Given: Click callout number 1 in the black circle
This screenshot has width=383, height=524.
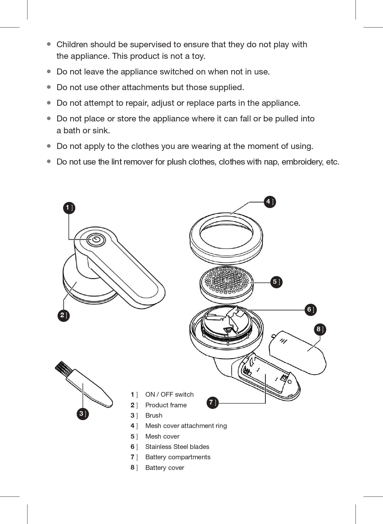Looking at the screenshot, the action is pyautogui.click(x=69, y=208).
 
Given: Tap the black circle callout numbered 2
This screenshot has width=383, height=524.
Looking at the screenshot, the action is pyautogui.click(x=63, y=315).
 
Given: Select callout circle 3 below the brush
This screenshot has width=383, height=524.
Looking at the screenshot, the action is pyautogui.click(x=83, y=414).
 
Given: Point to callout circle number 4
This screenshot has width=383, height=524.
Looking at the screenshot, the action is pyautogui.click(x=270, y=202).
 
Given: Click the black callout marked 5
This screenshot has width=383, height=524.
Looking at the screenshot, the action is pyautogui.click(x=276, y=282).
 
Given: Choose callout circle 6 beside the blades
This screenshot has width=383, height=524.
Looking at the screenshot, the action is pyautogui.click(x=311, y=310).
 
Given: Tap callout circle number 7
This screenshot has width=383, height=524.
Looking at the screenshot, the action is pyautogui.click(x=213, y=403).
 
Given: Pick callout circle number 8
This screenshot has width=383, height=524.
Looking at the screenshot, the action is pyautogui.click(x=320, y=329).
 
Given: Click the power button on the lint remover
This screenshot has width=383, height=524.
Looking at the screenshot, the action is pyautogui.click(x=96, y=240).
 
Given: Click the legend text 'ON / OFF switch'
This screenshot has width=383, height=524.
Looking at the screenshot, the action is pyautogui.click(x=169, y=394).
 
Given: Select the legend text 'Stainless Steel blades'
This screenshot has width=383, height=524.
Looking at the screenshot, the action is pyautogui.click(x=177, y=446).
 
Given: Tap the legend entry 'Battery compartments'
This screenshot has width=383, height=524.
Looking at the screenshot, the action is pyautogui.click(x=178, y=457).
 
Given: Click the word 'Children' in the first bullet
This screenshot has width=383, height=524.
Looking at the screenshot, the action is pyautogui.click(x=72, y=44).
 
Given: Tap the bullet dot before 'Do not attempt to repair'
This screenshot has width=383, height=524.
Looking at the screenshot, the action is pyautogui.click(x=49, y=103).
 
